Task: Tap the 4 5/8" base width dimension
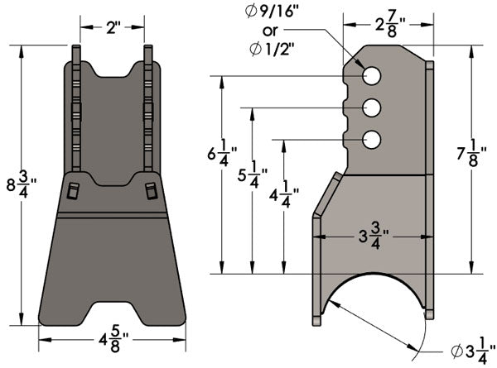pos(112,340)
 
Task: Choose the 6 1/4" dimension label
pos(221,155)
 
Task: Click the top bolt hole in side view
pos(371,76)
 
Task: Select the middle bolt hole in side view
pos(371,108)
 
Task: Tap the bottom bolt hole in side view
pos(371,139)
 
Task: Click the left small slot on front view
pos(72,191)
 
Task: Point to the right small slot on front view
pos(151,191)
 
